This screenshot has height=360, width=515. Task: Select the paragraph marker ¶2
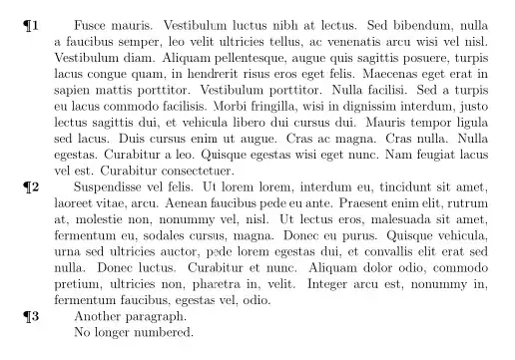click(x=31, y=185)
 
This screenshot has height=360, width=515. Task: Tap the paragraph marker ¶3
click(x=31, y=315)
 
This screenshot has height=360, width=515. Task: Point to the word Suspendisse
click(x=115, y=185)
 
